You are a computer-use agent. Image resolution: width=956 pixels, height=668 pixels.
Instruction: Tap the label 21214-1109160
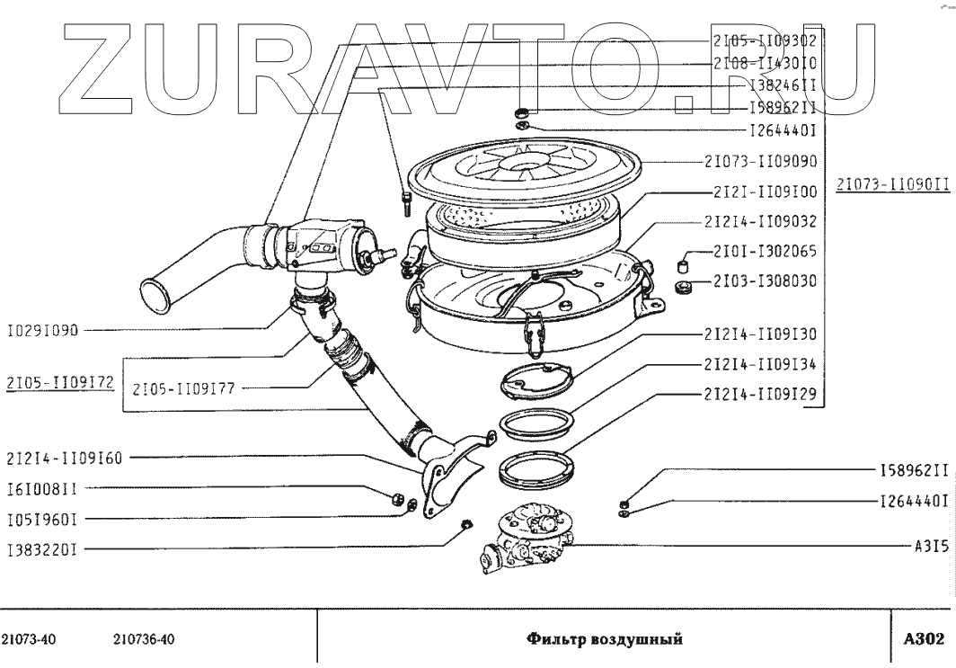tap(63, 458)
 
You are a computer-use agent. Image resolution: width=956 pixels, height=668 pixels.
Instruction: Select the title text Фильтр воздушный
tap(605, 640)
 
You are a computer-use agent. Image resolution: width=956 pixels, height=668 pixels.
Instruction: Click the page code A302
tap(923, 639)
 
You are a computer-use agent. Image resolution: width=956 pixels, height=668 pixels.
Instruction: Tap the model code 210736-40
tap(144, 640)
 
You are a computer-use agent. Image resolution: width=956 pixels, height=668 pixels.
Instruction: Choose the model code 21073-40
tap(31, 640)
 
